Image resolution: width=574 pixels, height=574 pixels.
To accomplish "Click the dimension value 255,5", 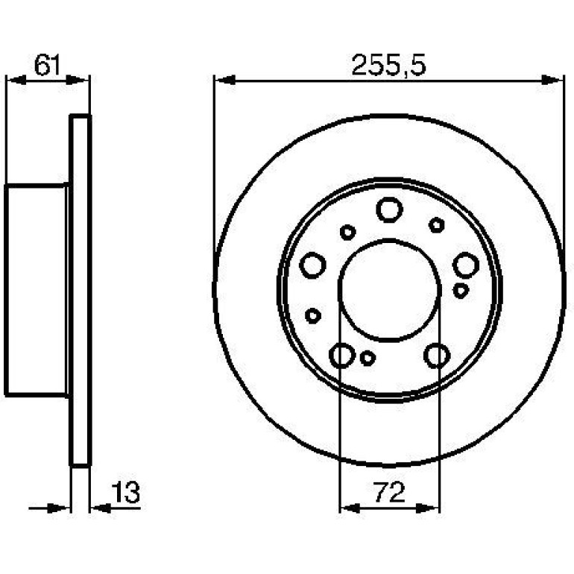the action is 389,65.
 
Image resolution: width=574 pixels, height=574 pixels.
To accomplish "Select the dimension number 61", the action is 46,65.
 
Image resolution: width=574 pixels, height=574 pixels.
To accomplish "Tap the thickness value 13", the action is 125,492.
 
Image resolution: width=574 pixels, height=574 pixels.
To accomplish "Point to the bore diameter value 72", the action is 390,492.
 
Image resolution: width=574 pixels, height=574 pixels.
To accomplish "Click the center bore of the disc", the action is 389,290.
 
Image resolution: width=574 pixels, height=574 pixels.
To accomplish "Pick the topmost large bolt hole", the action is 389,209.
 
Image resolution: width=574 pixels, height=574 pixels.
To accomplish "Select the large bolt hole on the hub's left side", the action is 312,265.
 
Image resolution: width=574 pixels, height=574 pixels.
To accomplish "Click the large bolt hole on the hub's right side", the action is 466,265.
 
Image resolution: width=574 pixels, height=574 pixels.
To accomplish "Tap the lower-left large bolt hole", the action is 342,356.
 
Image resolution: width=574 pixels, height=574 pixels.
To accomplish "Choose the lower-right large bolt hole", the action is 437,356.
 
